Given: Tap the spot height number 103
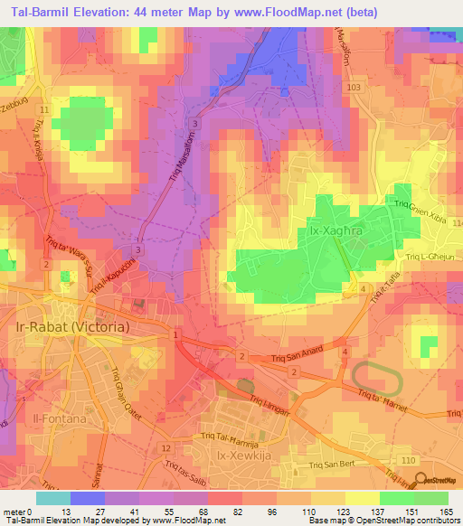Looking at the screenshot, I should click(x=351, y=85).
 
